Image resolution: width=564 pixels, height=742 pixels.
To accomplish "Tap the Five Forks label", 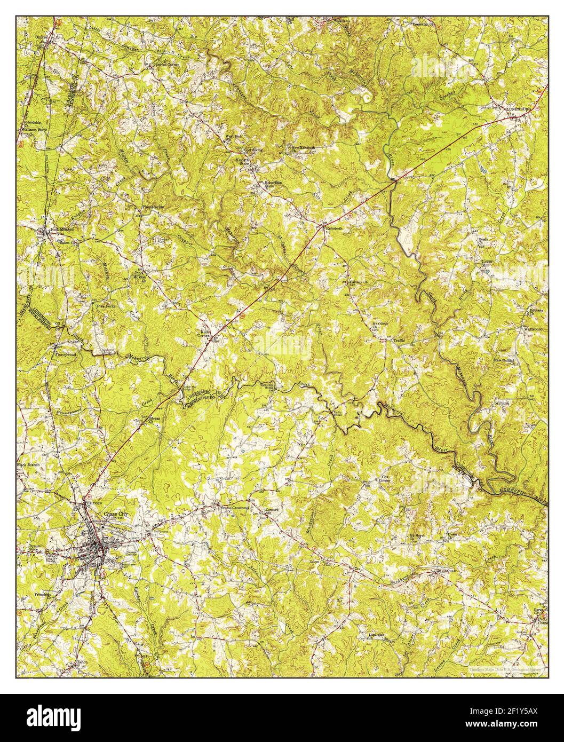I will (x=106, y=306).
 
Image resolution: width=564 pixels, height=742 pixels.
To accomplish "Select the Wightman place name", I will (x=444, y=571).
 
